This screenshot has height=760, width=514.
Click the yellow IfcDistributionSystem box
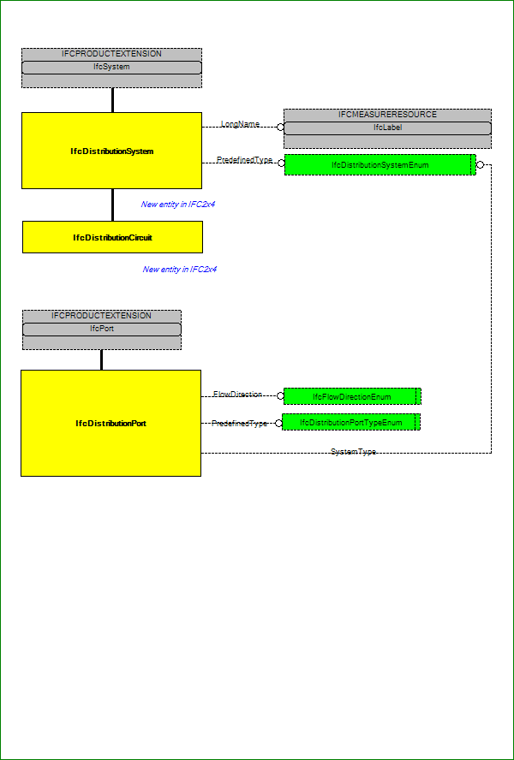(111, 151)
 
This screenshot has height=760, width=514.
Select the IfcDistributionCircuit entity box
(112, 237)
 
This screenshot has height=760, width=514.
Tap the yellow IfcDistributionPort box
(111, 423)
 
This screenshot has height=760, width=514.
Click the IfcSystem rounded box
(111, 68)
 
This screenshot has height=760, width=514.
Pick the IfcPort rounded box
(102, 330)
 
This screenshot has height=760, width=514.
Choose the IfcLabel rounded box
(387, 128)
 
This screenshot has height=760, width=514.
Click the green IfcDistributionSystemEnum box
(380, 165)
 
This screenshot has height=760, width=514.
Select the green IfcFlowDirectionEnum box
(352, 396)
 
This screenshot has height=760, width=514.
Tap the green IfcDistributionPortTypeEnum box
(351, 422)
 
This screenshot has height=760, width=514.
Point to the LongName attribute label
(240, 124)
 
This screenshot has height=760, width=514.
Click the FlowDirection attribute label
(238, 395)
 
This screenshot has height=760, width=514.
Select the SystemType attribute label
(353, 452)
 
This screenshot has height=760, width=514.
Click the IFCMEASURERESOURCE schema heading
(388, 115)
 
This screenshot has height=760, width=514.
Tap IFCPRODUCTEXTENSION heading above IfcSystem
(111, 54)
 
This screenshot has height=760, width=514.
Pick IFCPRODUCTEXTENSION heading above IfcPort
(101, 316)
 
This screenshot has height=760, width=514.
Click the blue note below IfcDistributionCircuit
(180, 269)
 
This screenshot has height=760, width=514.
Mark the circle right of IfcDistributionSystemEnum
(480, 165)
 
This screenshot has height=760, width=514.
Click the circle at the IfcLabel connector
(280, 128)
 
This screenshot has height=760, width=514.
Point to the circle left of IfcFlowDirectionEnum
(280, 396)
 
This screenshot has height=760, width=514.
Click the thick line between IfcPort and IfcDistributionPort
(101, 359)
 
